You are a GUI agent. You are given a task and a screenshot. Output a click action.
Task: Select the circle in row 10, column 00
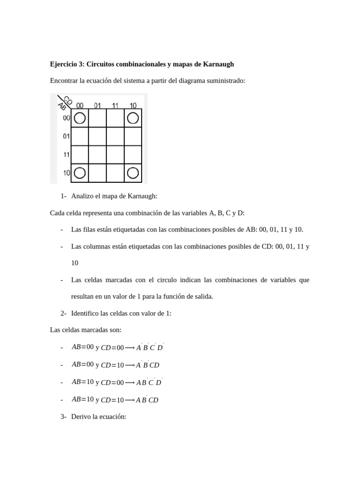click(80, 173)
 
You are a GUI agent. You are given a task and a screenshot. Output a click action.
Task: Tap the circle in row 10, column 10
click(133, 173)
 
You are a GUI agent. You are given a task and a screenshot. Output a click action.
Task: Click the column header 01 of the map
click(97, 105)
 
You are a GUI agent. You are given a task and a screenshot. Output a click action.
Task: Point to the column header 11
click(115, 105)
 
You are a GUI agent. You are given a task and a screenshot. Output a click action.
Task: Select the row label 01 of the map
click(66, 136)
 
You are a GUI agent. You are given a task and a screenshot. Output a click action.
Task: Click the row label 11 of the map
click(66, 154)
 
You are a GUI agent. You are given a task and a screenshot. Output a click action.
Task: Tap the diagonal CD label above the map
click(67, 100)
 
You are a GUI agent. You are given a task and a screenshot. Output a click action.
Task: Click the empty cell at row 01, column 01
click(97, 136)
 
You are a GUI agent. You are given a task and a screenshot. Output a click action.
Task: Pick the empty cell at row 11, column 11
click(115, 154)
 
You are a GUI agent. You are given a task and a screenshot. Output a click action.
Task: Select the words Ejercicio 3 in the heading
click(67, 64)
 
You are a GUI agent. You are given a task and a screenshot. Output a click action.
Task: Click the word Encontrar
click(64, 81)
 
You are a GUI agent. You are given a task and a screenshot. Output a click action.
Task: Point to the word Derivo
click(81, 416)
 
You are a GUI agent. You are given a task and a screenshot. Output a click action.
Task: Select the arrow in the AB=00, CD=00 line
click(130, 348)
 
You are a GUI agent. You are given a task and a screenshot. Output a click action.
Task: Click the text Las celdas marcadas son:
click(86, 330)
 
